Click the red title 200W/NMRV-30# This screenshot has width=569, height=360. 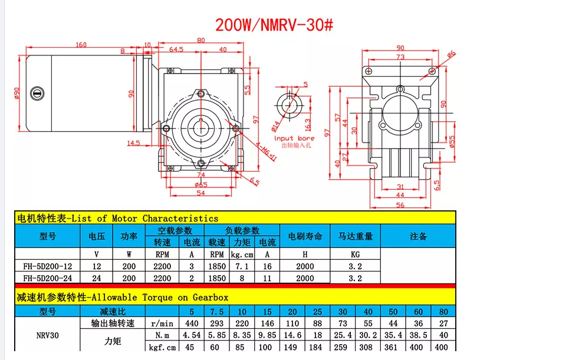click(x=274, y=25)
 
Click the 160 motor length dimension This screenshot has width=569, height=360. click(x=81, y=45)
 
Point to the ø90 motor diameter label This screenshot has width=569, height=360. click(x=17, y=93)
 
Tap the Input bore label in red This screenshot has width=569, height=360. click(x=294, y=138)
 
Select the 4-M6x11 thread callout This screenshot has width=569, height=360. click(x=266, y=151)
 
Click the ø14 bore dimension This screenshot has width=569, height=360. click(x=275, y=125)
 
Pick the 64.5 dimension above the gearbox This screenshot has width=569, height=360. click(x=176, y=49)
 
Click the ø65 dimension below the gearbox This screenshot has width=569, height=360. click(x=200, y=184)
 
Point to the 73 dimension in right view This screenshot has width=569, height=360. click(x=400, y=57)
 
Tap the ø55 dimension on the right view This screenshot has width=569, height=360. click(x=452, y=141)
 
